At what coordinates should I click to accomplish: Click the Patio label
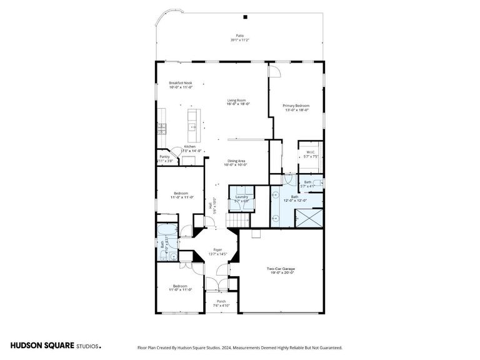(x=239, y=36)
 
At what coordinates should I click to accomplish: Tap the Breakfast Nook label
(x=180, y=83)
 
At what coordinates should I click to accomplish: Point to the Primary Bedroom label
(x=296, y=106)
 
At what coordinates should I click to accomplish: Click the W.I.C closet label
(x=311, y=152)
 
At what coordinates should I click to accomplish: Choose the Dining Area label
(x=237, y=161)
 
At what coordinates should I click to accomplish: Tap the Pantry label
(x=164, y=157)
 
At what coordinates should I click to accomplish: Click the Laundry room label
(x=241, y=197)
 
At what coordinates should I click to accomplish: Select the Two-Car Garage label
(x=280, y=269)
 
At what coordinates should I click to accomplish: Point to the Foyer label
(x=217, y=249)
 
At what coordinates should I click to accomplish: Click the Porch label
(x=221, y=301)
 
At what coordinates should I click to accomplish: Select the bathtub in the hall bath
(x=166, y=227)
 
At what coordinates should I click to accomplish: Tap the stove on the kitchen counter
(x=161, y=129)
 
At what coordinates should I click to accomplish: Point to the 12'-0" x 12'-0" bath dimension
(x=294, y=201)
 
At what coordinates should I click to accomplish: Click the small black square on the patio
(x=245, y=17)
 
